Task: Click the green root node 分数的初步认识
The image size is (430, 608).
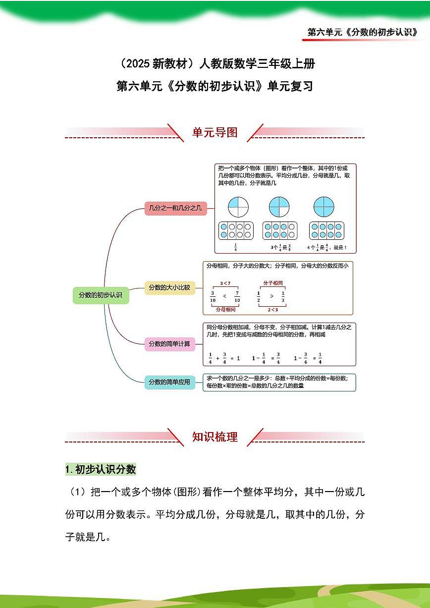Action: [x=101, y=295]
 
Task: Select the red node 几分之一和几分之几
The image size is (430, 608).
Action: [x=175, y=209]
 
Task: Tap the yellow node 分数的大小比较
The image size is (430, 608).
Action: [x=169, y=287]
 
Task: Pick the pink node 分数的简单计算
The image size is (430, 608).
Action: [x=169, y=343]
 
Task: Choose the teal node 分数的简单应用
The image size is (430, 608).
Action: [x=169, y=382]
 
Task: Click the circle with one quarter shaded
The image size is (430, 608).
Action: [x=238, y=207]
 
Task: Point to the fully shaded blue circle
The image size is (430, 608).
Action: [x=324, y=207]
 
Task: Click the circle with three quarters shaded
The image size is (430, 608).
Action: [x=279, y=207]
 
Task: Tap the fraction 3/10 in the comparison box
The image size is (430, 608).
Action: [x=213, y=296]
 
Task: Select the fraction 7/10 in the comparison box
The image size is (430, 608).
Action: [x=237, y=296]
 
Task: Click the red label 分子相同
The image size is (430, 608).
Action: [x=272, y=283]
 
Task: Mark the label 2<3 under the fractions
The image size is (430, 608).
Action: [x=272, y=310]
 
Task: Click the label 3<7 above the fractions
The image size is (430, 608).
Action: [x=225, y=283]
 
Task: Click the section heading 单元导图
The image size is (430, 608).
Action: [x=215, y=132]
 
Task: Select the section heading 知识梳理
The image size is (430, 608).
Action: [x=215, y=437]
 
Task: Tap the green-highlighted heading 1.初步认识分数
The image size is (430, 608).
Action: [x=101, y=469]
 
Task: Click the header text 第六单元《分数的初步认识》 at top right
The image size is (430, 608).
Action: [x=362, y=32]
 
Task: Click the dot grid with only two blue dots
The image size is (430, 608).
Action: [x=236, y=230]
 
